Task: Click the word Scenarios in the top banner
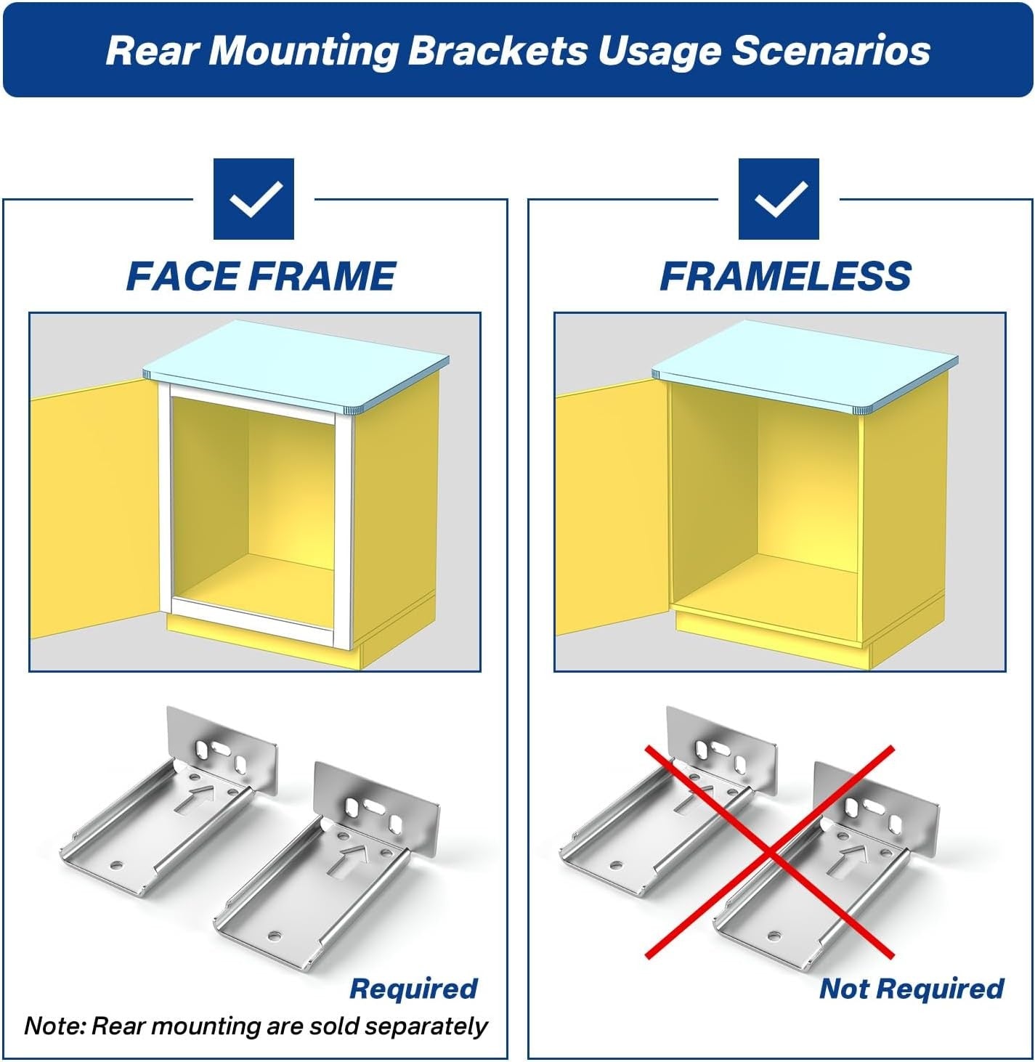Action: pos(831,51)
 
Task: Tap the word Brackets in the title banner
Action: pos(497,51)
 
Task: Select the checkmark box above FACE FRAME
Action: pos(253,199)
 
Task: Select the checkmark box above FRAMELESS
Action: pos(779,199)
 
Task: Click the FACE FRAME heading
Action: pos(261,277)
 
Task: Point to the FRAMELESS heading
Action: pos(785,277)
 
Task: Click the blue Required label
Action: pos(413,989)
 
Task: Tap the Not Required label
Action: pos(912,989)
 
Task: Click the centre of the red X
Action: pos(770,851)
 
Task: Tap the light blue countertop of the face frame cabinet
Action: pos(296,362)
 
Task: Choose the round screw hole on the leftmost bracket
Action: pos(115,866)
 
